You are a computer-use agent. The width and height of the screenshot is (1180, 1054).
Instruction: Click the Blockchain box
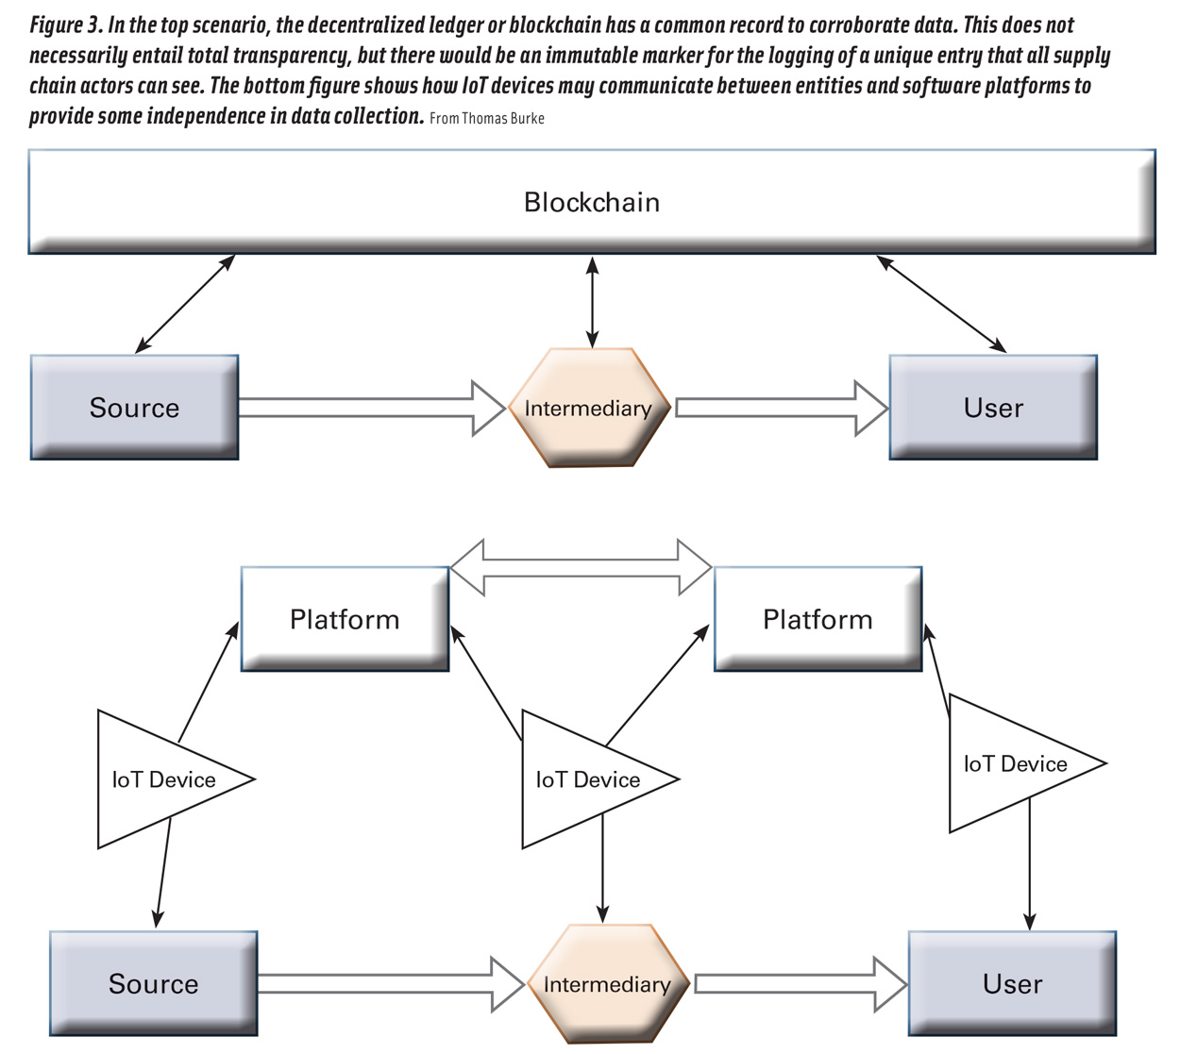(x=592, y=202)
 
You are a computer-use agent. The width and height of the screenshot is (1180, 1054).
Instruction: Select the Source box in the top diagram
(x=134, y=408)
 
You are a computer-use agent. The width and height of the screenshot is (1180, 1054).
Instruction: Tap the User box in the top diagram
(x=993, y=408)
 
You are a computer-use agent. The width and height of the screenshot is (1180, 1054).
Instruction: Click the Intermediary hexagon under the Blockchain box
(x=589, y=408)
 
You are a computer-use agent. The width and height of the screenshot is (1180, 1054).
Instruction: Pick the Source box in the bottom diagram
(x=153, y=983)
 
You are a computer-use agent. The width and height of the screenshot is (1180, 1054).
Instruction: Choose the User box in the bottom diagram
(x=1012, y=983)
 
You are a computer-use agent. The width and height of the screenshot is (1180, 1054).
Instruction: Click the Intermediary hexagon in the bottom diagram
(x=607, y=984)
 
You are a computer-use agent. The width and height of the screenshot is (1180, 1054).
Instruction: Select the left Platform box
(x=345, y=619)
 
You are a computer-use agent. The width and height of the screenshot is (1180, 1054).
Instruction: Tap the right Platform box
(x=818, y=619)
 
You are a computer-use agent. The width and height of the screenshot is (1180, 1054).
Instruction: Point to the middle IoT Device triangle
(x=585, y=779)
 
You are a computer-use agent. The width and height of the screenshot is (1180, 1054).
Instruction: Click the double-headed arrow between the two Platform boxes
(x=581, y=568)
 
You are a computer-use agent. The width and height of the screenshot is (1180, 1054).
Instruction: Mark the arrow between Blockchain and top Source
(x=185, y=304)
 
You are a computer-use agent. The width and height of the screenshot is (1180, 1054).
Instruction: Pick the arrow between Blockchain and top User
(x=941, y=304)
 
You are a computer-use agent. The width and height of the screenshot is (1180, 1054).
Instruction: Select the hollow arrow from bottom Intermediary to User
(x=799, y=984)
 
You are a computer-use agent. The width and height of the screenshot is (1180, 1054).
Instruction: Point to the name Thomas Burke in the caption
(x=502, y=119)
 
